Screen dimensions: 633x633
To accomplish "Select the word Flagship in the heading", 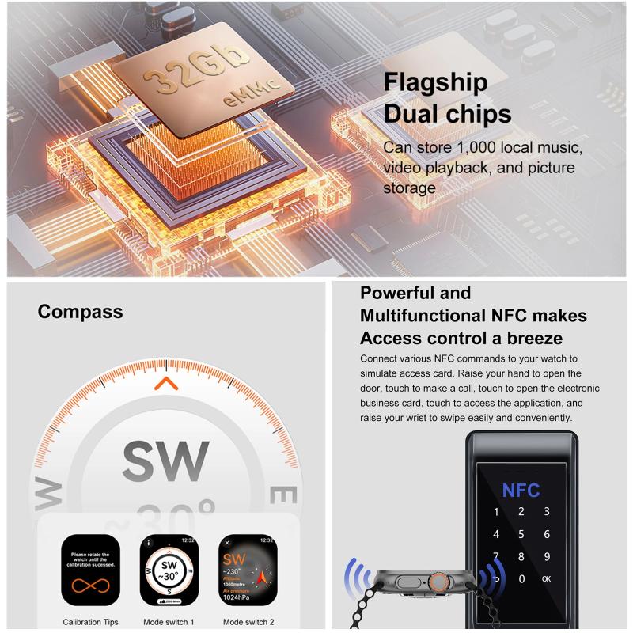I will point(435,82).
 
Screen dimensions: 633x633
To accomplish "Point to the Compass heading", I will point(81,311).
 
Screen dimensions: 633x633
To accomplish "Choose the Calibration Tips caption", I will point(90,622).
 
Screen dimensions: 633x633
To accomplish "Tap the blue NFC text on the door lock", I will point(521,490).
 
